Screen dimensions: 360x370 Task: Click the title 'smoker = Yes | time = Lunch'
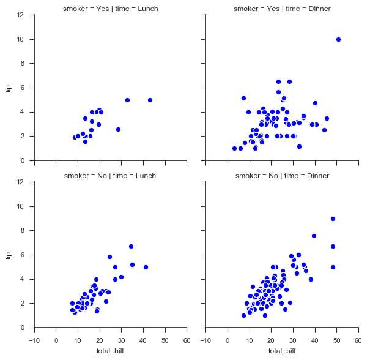110,9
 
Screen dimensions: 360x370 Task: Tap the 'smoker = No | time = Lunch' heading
110,176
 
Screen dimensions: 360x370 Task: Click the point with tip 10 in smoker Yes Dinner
338,39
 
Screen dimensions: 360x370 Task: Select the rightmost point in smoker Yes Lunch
150,100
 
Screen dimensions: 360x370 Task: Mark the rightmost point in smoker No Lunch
146,267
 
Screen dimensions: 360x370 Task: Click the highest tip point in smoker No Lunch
131,246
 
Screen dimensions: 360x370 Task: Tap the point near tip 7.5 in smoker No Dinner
314,236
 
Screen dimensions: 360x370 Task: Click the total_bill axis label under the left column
110,351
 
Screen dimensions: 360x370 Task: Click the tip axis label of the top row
9,88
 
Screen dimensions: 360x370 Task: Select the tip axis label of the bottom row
9,255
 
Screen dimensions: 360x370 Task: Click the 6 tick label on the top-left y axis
28,88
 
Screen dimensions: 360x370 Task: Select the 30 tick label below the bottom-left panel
121,338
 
